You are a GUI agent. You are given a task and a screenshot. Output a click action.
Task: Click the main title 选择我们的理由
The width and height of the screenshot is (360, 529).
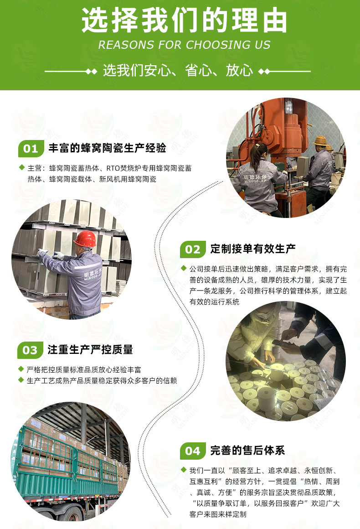[x=184, y=21]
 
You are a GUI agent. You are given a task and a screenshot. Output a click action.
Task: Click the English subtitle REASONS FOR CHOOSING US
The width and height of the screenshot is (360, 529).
[x=184, y=45]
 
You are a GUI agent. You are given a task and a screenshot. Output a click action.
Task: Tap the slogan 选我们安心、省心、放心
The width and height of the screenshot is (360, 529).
[x=178, y=71]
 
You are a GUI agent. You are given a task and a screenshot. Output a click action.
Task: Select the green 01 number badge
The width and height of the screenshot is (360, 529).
[x=31, y=149]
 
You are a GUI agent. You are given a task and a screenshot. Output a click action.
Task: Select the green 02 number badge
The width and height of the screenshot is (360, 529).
[x=193, y=249]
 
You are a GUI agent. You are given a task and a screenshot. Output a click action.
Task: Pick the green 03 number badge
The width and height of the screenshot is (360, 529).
[x=30, y=350]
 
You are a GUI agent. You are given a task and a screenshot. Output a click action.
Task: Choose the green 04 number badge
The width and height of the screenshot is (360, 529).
[x=193, y=451]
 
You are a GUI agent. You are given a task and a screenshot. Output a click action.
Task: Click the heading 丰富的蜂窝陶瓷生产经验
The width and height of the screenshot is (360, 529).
[x=107, y=148]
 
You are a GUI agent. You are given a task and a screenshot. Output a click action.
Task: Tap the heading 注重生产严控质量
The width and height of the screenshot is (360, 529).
[x=90, y=350]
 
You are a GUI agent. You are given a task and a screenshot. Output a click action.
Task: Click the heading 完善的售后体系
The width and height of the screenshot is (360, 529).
[x=247, y=451]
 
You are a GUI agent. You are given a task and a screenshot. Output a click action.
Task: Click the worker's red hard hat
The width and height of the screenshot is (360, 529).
[x=85, y=239]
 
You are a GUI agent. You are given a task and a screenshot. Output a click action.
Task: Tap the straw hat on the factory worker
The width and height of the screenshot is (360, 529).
[x=321, y=140]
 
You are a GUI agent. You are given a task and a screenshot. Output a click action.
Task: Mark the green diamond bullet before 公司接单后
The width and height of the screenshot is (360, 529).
[x=184, y=268]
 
